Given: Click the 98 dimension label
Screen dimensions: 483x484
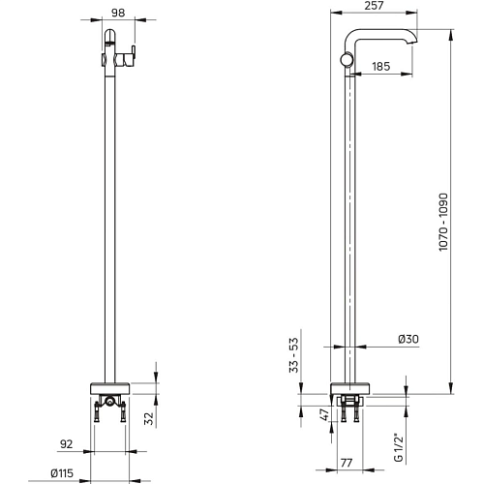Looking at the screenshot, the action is click(x=118, y=13).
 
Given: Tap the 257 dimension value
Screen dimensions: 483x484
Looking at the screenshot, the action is click(x=374, y=6).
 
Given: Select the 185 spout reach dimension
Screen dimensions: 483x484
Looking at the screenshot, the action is click(x=381, y=67).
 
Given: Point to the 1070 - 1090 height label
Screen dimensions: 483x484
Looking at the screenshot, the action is click(x=443, y=222).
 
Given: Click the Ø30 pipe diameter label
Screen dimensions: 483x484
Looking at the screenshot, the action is click(x=408, y=339).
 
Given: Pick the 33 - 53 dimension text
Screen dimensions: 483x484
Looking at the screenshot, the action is click(x=294, y=355).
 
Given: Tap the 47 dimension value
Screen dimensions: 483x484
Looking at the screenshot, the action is click(x=325, y=414).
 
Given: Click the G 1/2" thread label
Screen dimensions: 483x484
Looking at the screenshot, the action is click(x=399, y=448).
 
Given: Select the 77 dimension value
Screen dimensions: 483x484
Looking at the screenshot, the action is click(x=347, y=463).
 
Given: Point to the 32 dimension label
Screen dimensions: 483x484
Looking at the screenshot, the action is click(x=149, y=419).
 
